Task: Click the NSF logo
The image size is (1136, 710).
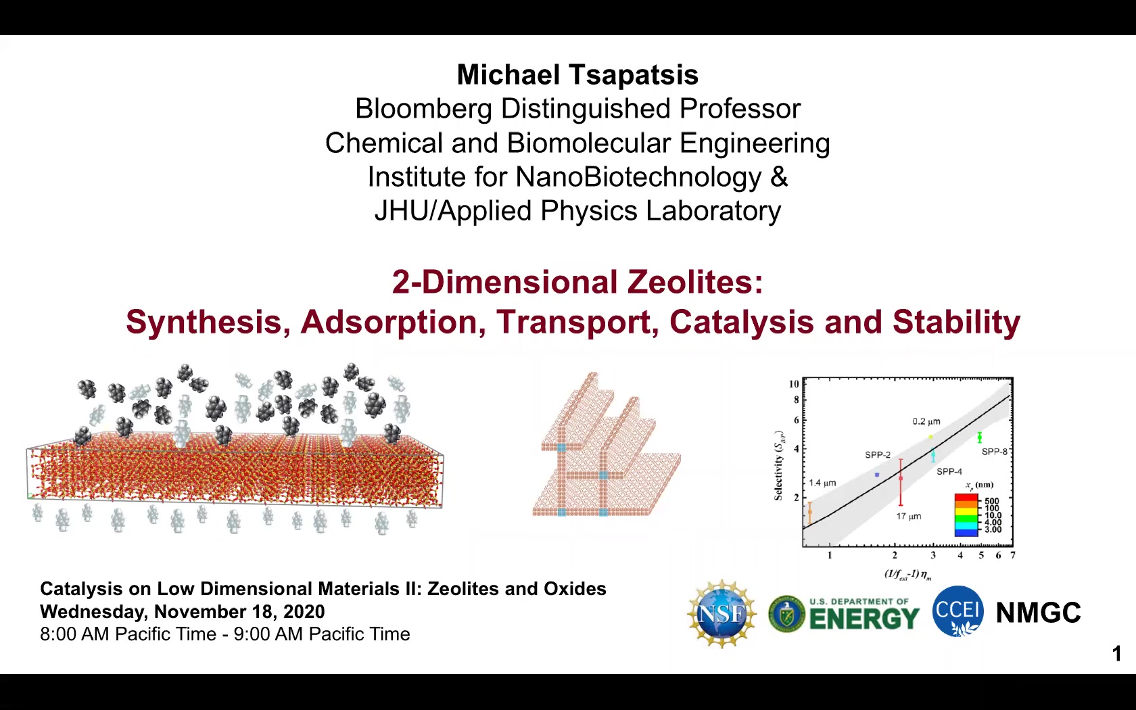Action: point(721,614)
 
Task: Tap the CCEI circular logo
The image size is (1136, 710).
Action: point(957,611)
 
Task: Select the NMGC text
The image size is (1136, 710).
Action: point(1038,613)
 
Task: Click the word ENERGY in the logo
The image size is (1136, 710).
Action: point(864,619)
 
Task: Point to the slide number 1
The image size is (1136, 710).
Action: point(1116,654)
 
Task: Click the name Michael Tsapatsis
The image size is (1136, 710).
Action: point(577,75)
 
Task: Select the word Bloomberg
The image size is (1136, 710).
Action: point(423,109)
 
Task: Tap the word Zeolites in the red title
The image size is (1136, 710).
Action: point(695,282)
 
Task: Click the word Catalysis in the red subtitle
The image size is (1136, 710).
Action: point(741,322)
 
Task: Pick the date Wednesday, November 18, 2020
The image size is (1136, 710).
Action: point(183,611)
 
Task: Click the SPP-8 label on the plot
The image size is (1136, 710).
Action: point(995,452)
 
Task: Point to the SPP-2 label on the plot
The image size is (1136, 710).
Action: point(878,455)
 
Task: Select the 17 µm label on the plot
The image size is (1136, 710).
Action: point(909,517)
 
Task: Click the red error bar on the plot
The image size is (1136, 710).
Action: point(901,481)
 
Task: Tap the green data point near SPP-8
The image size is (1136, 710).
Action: point(979,437)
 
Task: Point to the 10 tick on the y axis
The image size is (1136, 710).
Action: point(794,384)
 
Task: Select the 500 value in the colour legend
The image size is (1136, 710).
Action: point(992,500)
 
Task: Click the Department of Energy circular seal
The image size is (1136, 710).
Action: point(786,614)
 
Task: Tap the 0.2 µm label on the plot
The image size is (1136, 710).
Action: point(926,421)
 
